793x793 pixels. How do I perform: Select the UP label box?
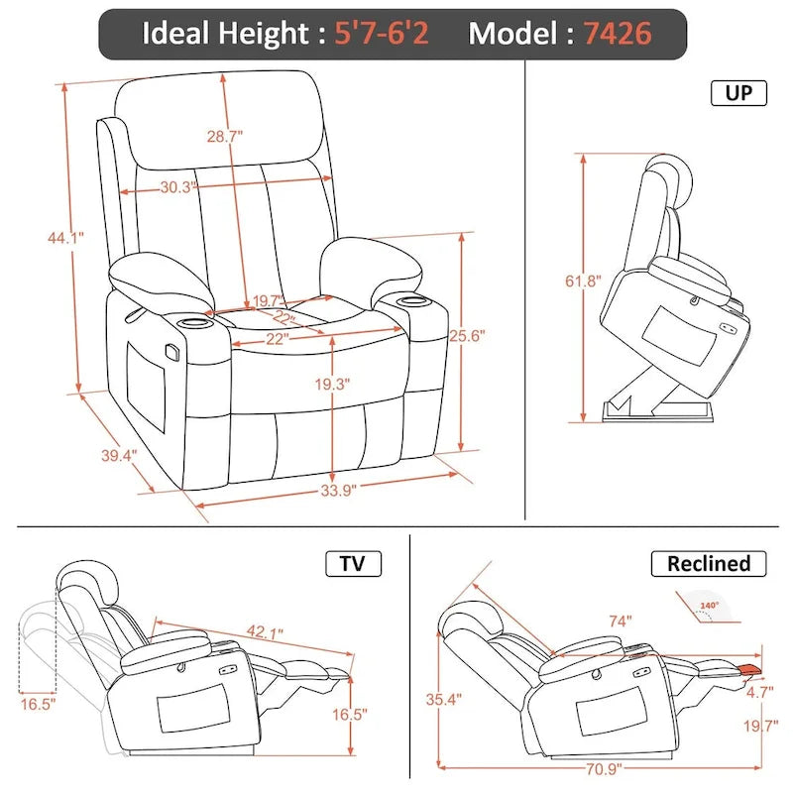738,93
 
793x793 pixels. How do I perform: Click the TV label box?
353,564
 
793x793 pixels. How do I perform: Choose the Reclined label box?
708,564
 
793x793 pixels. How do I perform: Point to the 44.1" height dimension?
64,237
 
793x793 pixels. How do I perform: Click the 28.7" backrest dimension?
225,138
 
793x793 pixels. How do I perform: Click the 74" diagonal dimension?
621,622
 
